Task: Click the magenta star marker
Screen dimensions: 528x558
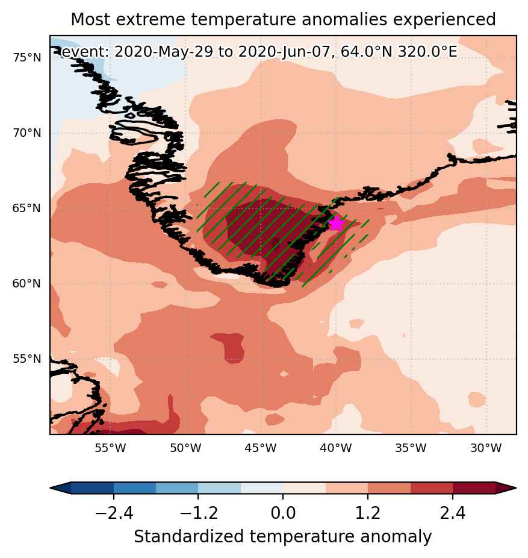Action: point(336,223)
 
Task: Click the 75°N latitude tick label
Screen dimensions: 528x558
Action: point(27,57)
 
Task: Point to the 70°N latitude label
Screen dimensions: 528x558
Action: point(27,133)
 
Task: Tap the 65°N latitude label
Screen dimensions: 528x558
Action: point(27,208)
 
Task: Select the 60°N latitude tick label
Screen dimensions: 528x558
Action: point(27,284)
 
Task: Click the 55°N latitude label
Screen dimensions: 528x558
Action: point(27,359)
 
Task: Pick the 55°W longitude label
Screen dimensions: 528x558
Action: point(111,448)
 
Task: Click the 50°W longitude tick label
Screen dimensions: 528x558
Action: point(185,448)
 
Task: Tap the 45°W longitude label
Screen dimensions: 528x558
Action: point(261,448)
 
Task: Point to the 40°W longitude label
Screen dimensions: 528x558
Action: point(336,448)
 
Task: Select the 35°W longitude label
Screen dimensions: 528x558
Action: point(411,448)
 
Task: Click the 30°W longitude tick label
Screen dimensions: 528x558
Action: point(486,448)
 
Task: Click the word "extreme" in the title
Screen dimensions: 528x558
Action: point(150,19)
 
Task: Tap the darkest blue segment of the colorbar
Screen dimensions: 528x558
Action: point(93,488)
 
